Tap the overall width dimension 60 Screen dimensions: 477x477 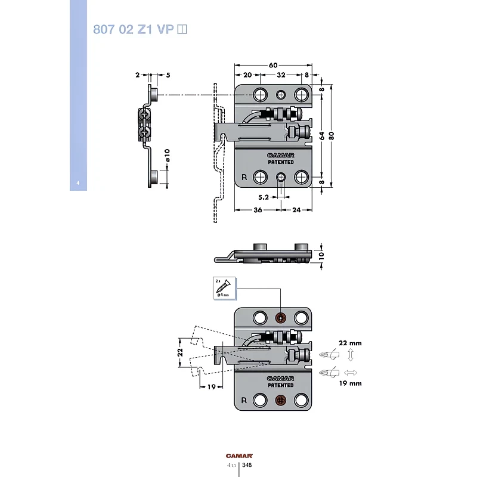click(273, 64)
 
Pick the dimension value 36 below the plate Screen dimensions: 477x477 click(258, 210)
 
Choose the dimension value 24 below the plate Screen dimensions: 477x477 click(297, 210)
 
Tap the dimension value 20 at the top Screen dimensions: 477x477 click(247, 75)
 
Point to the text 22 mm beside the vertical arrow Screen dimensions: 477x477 click(351, 343)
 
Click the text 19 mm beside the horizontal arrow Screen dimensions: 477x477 click(351, 383)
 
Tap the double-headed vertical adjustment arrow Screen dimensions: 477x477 click(351, 356)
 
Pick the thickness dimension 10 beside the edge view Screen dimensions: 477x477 click(321, 255)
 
